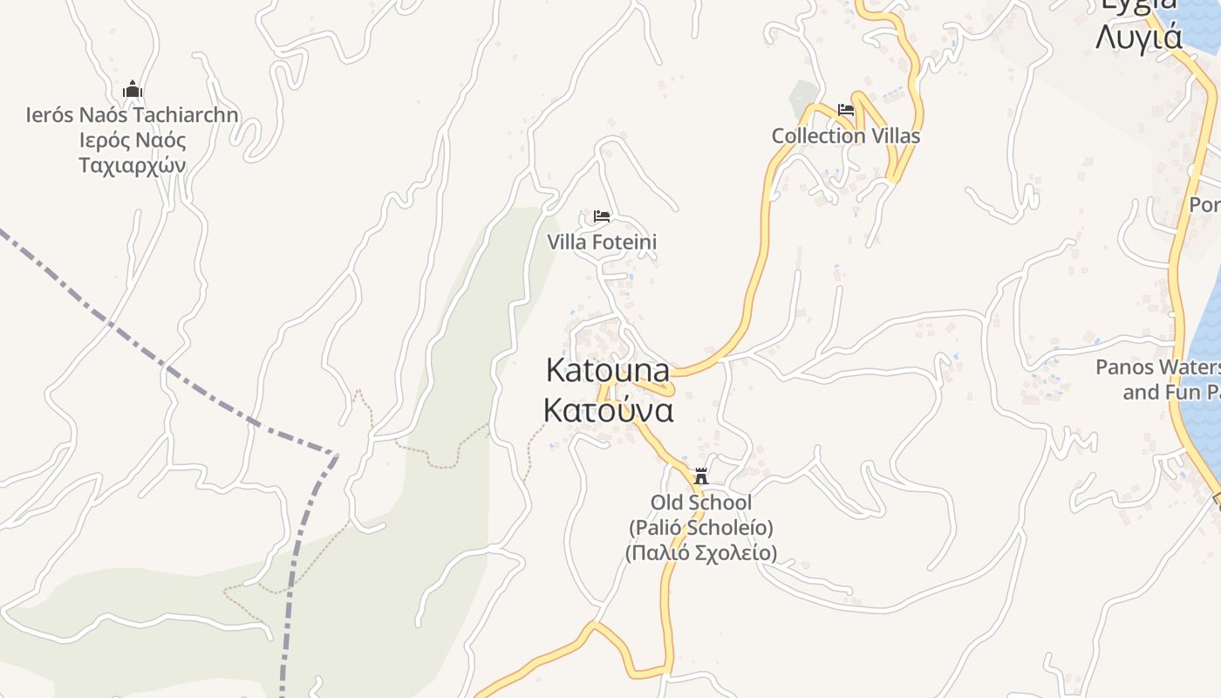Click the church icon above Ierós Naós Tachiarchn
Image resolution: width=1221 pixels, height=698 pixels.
click(x=133, y=89)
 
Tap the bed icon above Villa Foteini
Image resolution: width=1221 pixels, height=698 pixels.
click(x=602, y=216)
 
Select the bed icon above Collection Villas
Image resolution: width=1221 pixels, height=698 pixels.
click(x=845, y=110)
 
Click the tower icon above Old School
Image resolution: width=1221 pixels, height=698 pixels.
click(x=700, y=476)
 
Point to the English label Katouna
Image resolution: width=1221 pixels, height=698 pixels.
click(x=608, y=370)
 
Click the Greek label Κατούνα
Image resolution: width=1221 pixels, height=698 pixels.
click(x=608, y=409)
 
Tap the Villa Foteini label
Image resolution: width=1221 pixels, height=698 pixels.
click(x=602, y=242)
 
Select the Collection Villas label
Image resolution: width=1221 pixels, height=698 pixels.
click(x=845, y=135)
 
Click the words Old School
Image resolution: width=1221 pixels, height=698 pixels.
click(x=700, y=502)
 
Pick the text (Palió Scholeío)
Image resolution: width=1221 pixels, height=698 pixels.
click(x=700, y=527)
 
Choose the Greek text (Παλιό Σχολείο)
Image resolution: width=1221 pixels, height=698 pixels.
click(x=700, y=552)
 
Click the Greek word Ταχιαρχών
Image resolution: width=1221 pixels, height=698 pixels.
click(x=133, y=165)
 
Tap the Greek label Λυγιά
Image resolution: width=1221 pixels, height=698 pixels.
click(x=1139, y=38)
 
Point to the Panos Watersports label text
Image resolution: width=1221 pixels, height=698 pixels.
click(x=1158, y=366)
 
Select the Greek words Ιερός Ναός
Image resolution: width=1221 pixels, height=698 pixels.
click(x=133, y=140)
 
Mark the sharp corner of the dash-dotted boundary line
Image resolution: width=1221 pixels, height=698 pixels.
click(x=337, y=454)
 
